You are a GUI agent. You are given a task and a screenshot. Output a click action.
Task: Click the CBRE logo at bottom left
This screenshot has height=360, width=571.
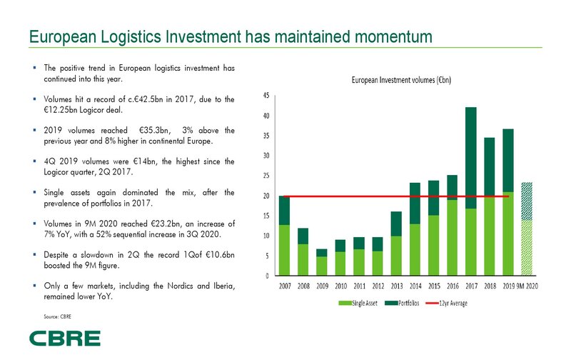click(x=64, y=338)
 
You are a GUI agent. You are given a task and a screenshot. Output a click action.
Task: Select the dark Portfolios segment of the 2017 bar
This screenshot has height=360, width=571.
click(x=470, y=157)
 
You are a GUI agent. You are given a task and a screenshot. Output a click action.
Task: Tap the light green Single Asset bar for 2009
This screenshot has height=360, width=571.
click(x=302, y=266)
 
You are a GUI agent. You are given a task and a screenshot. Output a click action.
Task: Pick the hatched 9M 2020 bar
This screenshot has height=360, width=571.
click(x=526, y=229)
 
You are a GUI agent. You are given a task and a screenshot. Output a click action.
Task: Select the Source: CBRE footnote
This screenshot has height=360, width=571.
click(x=58, y=315)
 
